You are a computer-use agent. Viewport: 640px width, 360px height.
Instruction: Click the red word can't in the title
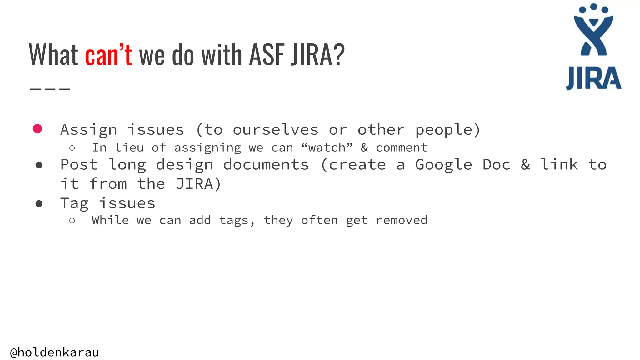[108, 55]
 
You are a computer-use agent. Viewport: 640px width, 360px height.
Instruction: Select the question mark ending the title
[339, 55]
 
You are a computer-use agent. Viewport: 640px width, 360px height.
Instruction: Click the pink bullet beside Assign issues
[37, 129]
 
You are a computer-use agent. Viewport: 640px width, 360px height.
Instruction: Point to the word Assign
[89, 130]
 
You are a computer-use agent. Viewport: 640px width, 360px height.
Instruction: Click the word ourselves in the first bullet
[276, 130]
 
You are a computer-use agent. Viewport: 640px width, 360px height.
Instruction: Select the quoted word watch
[327, 147]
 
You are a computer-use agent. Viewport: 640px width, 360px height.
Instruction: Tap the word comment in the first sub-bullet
[402, 147]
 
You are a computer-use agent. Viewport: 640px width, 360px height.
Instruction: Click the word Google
[443, 165]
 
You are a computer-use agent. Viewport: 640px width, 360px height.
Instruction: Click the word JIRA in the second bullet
[194, 184]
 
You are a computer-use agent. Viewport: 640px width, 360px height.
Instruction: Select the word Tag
[74, 203]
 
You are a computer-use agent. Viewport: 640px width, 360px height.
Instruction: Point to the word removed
[402, 220]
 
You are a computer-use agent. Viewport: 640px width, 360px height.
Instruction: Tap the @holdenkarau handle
[55, 352]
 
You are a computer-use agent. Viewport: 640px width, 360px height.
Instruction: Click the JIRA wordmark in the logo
[593, 78]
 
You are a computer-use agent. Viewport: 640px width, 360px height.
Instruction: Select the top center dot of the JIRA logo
[594, 7]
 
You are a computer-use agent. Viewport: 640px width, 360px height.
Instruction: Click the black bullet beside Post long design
[39, 165]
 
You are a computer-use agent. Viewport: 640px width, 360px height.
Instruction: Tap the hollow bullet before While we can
[72, 221]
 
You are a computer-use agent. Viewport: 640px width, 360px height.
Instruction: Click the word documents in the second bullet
[266, 165]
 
